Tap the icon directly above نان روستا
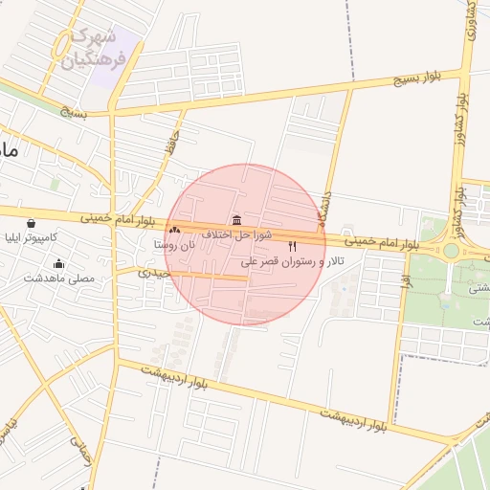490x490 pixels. point(174,230)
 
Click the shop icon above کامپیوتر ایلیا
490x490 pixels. point(32,223)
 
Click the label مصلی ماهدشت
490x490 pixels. point(59,278)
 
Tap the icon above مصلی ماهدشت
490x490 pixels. point(59,263)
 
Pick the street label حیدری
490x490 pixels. point(154,273)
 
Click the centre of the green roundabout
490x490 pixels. point(450,251)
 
